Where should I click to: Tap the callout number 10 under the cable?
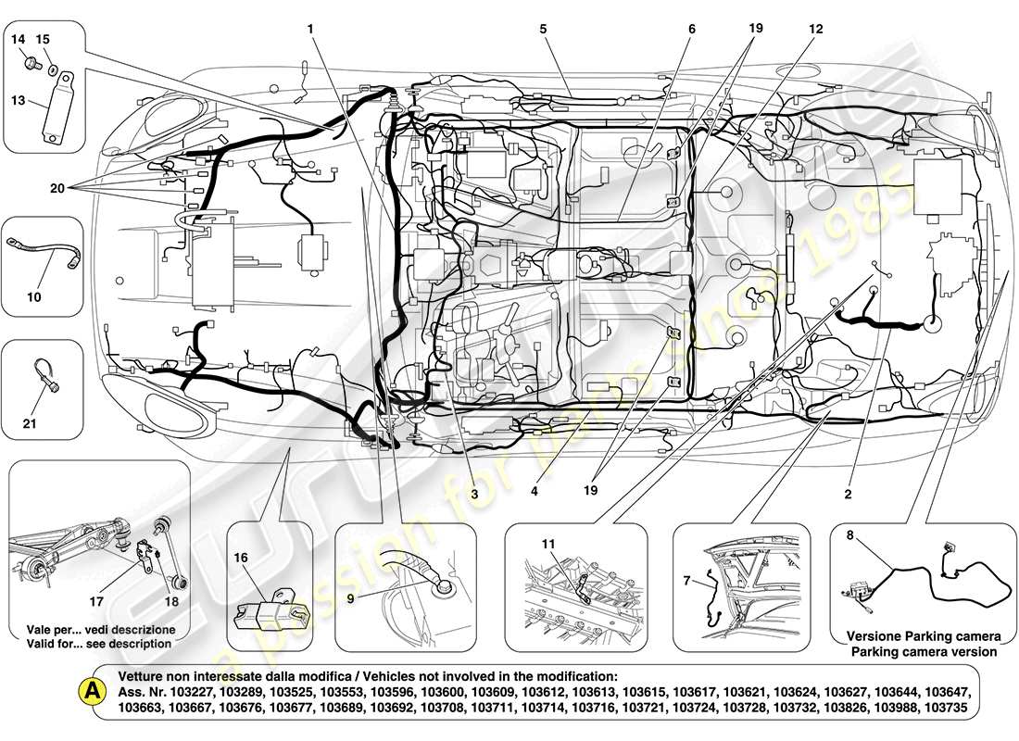pyautogui.click(x=34, y=297)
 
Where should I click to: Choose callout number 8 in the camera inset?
pyautogui.click(x=849, y=534)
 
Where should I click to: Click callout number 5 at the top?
pyautogui.click(x=544, y=29)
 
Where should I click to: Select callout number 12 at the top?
pyautogui.click(x=814, y=29)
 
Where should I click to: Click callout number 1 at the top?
pyautogui.click(x=311, y=29)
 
